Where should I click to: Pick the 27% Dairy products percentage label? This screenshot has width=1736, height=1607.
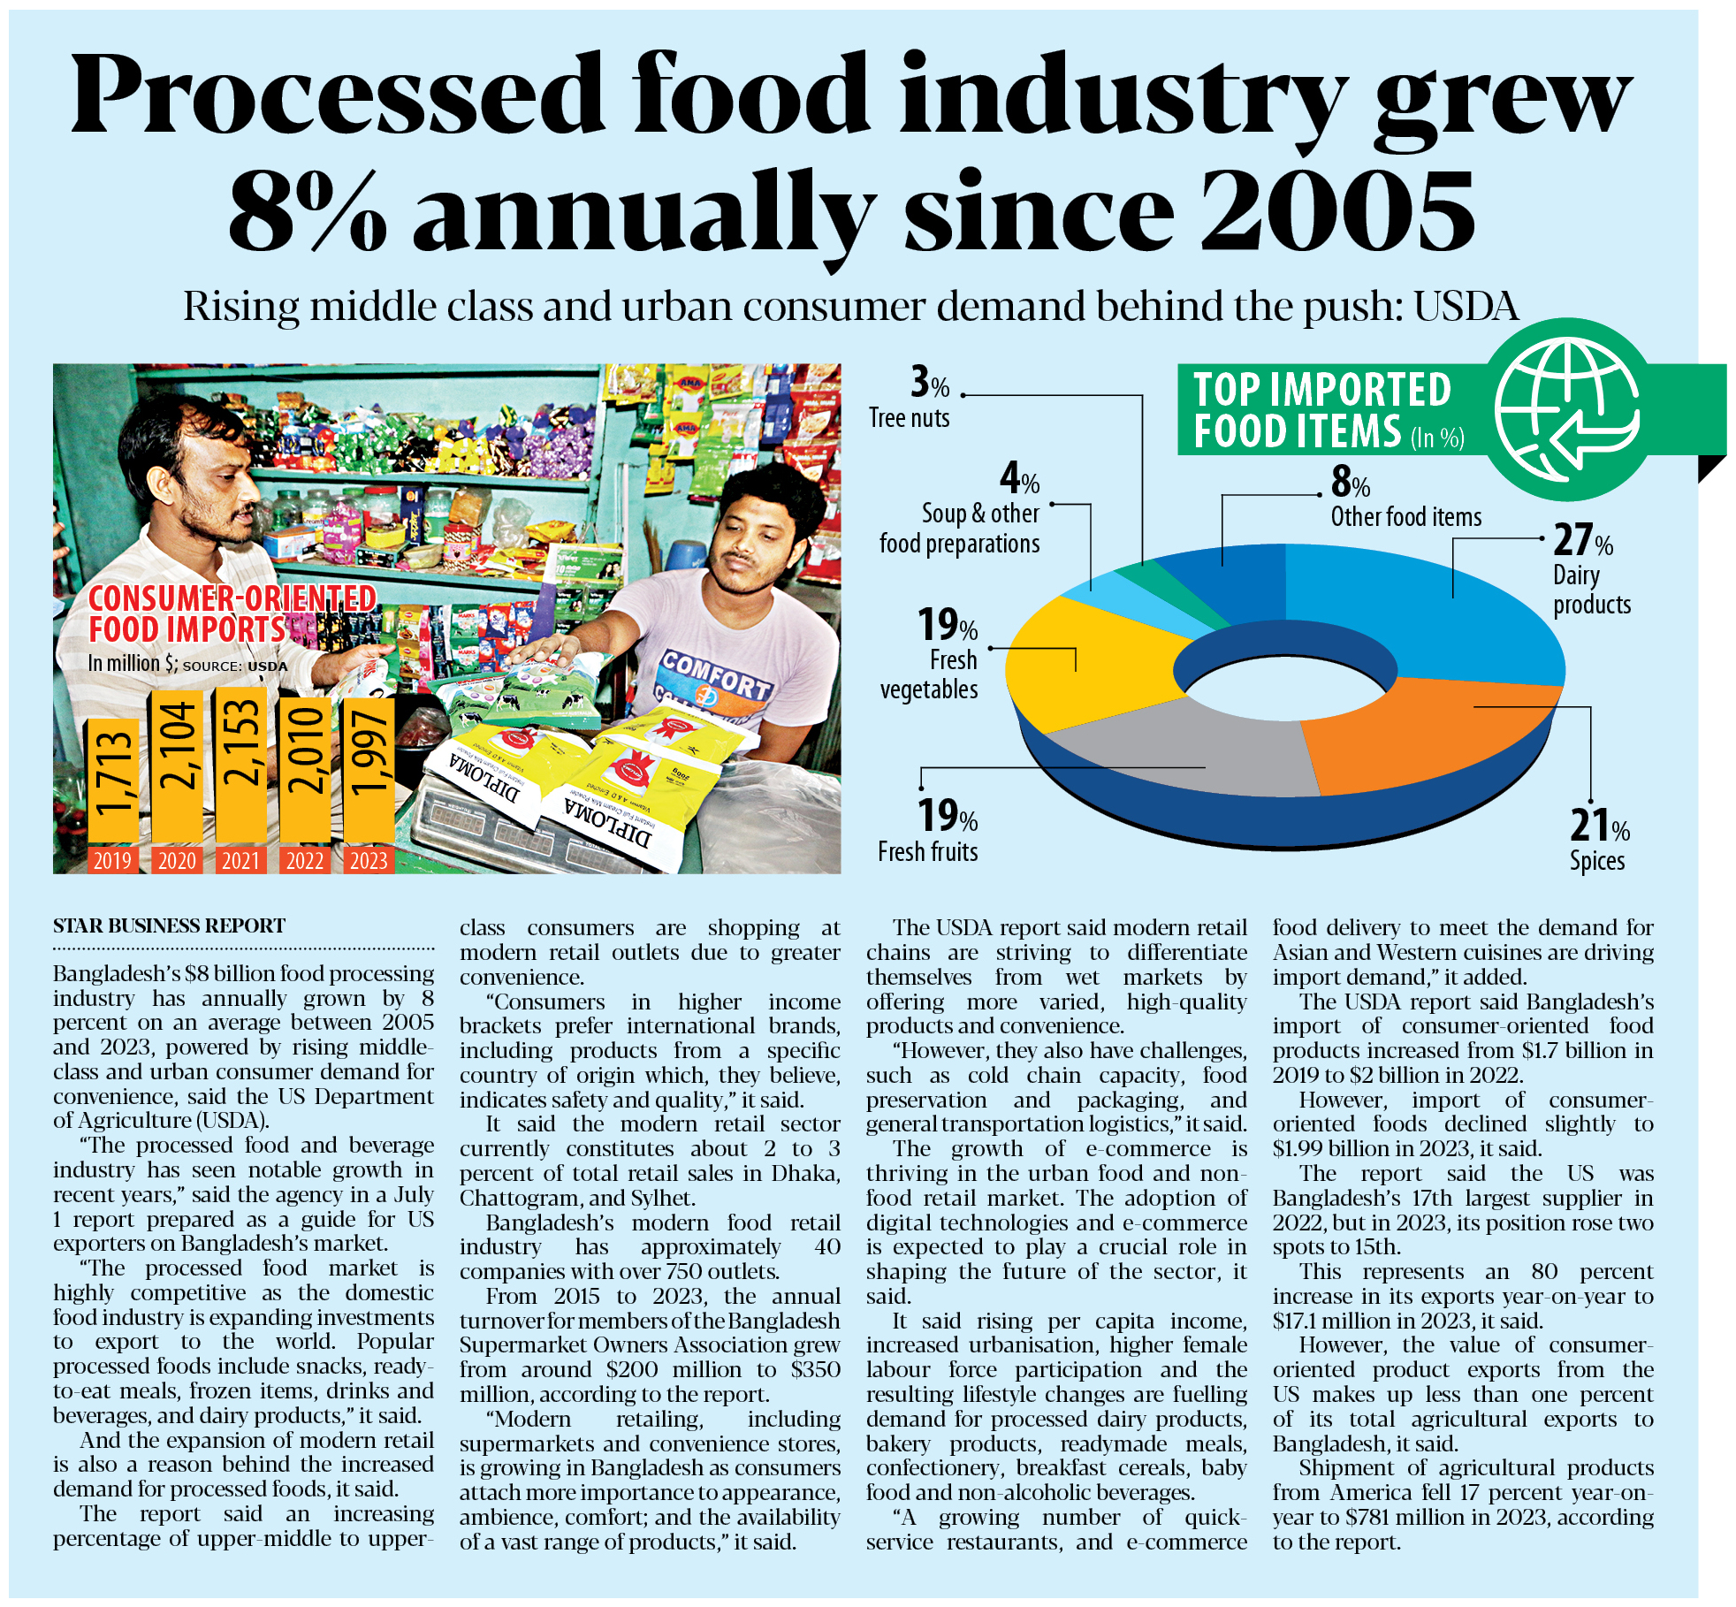(x=1582, y=540)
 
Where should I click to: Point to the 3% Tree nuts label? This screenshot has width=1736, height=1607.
(x=929, y=384)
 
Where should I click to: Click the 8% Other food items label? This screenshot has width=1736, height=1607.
(x=1350, y=483)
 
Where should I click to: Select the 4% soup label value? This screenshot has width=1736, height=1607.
(x=1019, y=479)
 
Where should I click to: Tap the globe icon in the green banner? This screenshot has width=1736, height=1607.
(x=1566, y=409)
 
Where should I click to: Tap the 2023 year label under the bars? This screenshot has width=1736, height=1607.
(x=369, y=861)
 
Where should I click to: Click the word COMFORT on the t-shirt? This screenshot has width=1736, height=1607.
(x=716, y=676)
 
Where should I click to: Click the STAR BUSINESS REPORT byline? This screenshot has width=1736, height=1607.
(x=169, y=925)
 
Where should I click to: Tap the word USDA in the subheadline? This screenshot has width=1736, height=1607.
(x=1466, y=307)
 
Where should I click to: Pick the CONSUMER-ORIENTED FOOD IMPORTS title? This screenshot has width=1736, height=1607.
(x=232, y=613)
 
